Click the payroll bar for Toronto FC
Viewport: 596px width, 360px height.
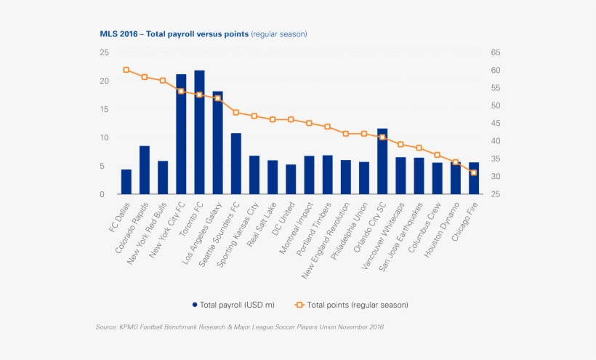(x=199, y=132)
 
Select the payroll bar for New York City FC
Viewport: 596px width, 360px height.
(x=181, y=135)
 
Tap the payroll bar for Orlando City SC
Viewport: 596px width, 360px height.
(x=382, y=161)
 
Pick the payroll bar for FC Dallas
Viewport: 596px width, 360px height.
(x=126, y=182)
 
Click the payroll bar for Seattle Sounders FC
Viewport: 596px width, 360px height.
(x=236, y=164)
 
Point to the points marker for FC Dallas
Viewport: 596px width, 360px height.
(x=126, y=70)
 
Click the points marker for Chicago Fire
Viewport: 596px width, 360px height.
(x=474, y=172)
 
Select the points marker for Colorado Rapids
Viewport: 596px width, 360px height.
(x=145, y=77)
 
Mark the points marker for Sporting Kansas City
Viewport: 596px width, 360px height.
(x=254, y=116)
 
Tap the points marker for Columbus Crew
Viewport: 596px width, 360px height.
(x=437, y=155)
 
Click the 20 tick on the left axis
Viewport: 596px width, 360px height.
(x=105, y=81)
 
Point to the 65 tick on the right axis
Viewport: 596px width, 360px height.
(x=496, y=52)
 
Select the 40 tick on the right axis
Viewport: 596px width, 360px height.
(x=496, y=141)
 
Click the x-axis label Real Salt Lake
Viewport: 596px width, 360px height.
(x=262, y=225)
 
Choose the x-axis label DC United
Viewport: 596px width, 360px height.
(x=283, y=219)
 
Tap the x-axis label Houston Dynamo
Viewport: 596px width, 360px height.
(x=441, y=230)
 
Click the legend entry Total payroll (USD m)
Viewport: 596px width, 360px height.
(x=233, y=305)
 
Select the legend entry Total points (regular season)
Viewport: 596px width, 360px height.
(x=352, y=305)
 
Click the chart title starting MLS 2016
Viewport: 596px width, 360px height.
(x=204, y=34)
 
